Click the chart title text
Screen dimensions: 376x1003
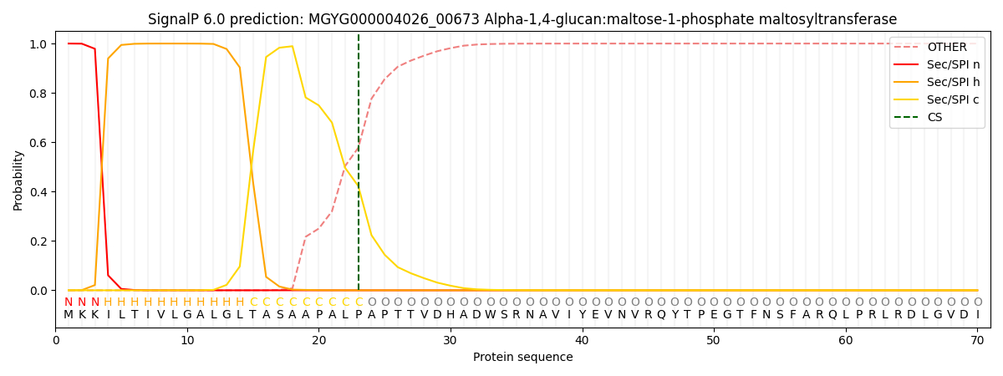click(522, 19)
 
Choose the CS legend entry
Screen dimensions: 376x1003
click(934, 118)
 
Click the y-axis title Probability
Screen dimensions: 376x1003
click(18, 180)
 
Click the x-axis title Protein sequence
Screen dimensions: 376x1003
click(522, 357)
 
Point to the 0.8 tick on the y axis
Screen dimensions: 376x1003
click(38, 94)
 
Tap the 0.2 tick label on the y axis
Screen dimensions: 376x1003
click(38, 241)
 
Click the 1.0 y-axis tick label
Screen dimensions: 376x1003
click(38, 44)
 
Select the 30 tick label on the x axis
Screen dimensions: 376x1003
click(451, 340)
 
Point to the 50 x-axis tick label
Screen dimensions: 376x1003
click(714, 340)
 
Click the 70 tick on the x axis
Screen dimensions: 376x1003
click(977, 340)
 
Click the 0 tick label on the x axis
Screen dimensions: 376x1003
click(56, 340)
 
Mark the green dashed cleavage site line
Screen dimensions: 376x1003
click(359, 167)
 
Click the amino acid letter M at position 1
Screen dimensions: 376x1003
click(69, 315)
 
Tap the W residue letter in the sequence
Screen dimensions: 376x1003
click(490, 315)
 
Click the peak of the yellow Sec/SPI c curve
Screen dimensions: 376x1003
click(292, 46)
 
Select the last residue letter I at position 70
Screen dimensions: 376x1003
click(977, 315)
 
